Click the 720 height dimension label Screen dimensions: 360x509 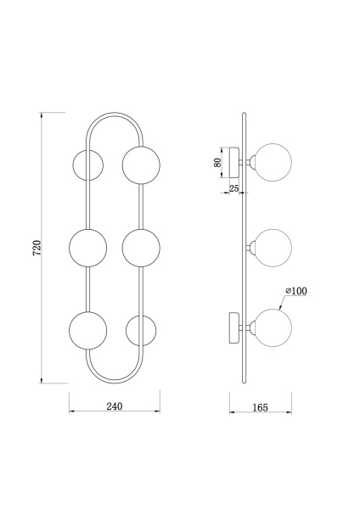pyautogui.click(x=37, y=248)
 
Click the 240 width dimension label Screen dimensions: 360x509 pyautogui.click(x=115, y=406)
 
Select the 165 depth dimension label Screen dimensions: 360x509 pyautogui.click(x=261, y=407)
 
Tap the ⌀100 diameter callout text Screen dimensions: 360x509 pyautogui.click(x=296, y=291)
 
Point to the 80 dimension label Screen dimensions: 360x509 pyautogui.click(x=218, y=162)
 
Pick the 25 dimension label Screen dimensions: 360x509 pyautogui.click(x=234, y=188)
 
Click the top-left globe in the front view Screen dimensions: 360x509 pyautogui.click(x=87, y=165)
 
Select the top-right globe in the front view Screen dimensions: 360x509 pyautogui.click(x=141, y=165)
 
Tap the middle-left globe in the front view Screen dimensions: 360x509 pyautogui.click(x=87, y=248)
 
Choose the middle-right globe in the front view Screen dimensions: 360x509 pyautogui.click(x=141, y=248)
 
